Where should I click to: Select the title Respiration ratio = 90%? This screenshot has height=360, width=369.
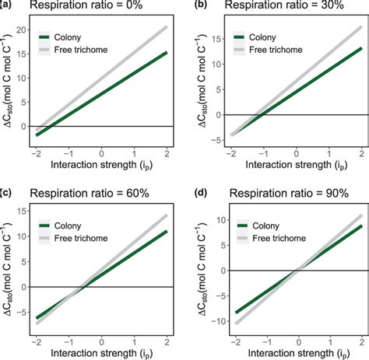tap(272, 191)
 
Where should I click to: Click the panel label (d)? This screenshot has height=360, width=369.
tap(193, 191)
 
